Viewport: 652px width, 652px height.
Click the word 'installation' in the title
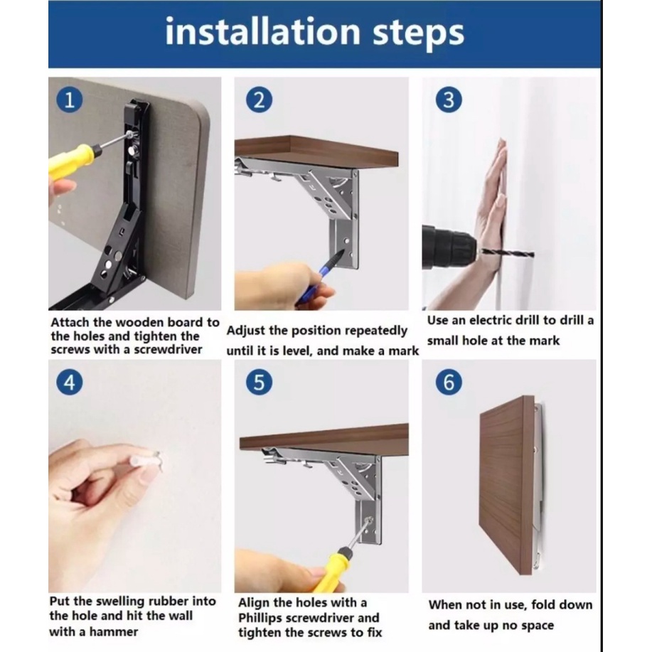[262, 31]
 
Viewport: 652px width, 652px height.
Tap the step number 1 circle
[70, 100]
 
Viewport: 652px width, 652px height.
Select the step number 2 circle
[259, 100]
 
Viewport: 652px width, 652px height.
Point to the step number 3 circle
[448, 100]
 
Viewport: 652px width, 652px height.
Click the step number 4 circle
[70, 382]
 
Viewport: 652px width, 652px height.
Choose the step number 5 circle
[259, 382]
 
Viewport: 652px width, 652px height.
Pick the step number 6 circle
[449, 382]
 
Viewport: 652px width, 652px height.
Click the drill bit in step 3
[507, 252]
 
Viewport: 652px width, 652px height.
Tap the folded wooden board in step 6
[506, 485]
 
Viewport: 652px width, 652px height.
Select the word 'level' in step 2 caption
[297, 351]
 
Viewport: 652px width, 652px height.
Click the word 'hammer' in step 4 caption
[114, 632]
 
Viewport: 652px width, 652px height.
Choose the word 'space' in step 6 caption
[537, 626]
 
